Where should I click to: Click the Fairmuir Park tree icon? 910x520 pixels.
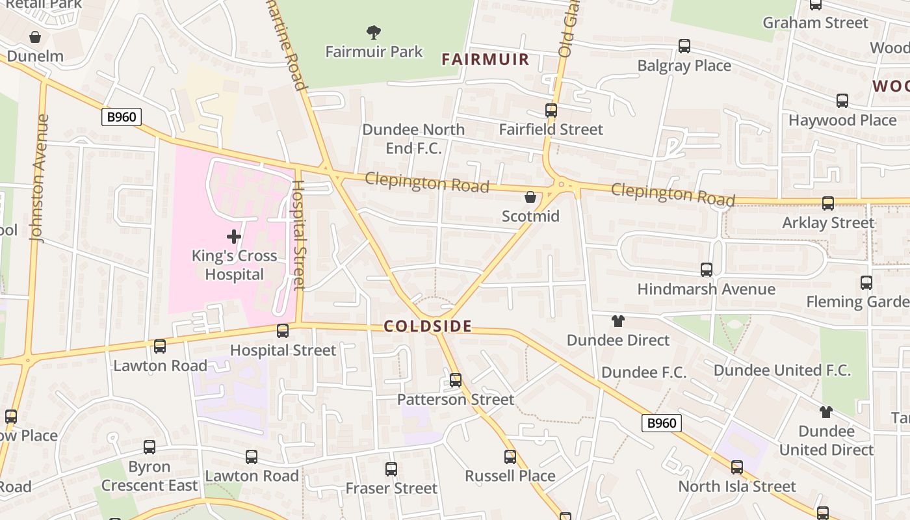click(x=374, y=32)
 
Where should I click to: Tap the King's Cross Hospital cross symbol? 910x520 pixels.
click(x=234, y=237)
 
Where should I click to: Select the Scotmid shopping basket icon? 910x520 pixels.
click(x=530, y=197)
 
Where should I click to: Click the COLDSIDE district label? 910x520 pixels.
click(x=428, y=326)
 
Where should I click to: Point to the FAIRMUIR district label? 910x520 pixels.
click(x=485, y=60)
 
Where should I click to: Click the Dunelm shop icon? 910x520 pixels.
click(x=35, y=37)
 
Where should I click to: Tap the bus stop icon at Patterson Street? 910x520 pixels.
click(x=456, y=380)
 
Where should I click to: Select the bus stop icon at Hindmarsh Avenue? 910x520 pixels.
click(x=707, y=270)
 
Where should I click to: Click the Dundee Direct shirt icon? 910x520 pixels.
click(x=617, y=321)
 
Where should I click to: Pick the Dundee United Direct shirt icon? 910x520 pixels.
click(x=825, y=412)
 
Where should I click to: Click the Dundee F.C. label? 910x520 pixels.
click(x=643, y=372)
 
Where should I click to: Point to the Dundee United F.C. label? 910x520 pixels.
click(x=782, y=370)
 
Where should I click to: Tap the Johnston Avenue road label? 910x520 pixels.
click(x=40, y=178)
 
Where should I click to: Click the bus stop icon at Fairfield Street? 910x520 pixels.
click(x=551, y=110)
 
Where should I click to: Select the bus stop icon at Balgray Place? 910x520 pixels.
click(x=684, y=46)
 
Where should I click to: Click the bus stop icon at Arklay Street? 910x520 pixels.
click(x=828, y=203)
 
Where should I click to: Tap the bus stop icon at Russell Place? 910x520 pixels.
click(x=510, y=457)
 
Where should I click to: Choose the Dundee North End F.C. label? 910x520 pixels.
click(x=413, y=138)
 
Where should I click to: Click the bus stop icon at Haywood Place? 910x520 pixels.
click(x=842, y=101)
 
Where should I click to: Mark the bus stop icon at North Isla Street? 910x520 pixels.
click(x=737, y=467)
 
